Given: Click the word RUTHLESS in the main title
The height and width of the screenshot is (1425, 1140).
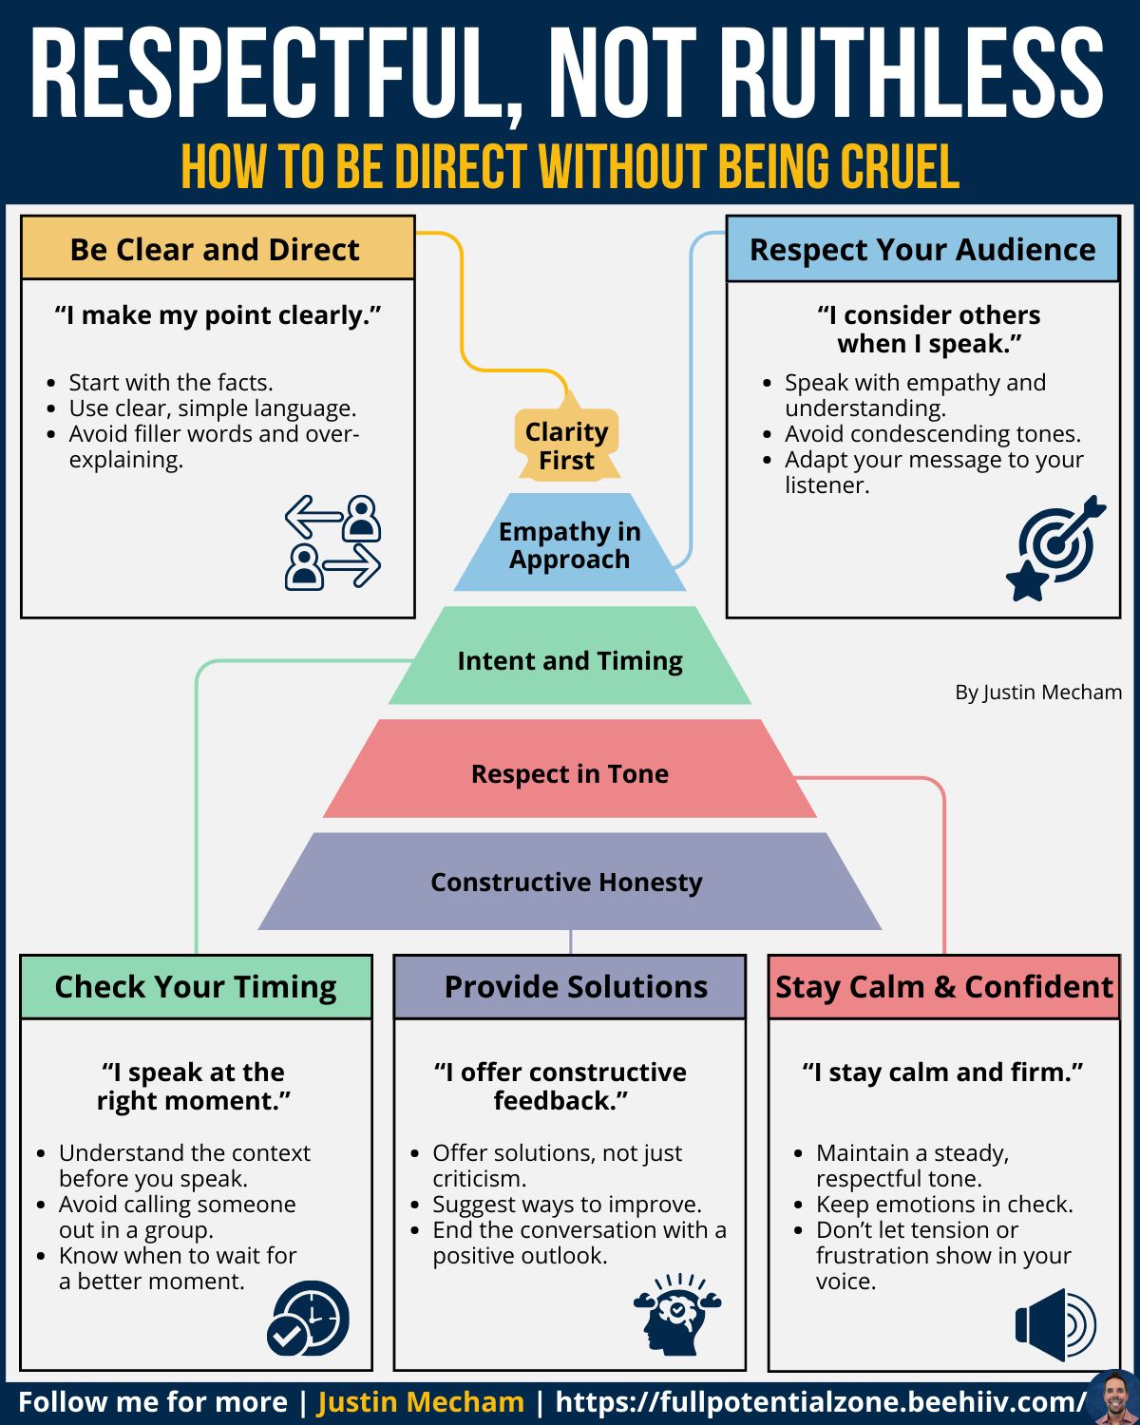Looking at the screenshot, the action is (x=917, y=73).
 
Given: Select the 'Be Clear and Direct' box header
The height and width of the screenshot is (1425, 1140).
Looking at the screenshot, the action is (x=218, y=248).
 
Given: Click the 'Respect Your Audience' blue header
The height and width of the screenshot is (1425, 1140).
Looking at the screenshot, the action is (x=923, y=249).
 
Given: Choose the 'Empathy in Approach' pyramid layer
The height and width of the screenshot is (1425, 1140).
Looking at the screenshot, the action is (x=570, y=542).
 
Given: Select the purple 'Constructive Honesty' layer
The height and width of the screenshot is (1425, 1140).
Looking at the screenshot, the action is (x=570, y=882).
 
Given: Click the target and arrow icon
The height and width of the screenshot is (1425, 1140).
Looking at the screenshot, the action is (x=1055, y=547).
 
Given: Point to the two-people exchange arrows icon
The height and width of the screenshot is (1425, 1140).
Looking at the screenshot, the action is (x=332, y=541).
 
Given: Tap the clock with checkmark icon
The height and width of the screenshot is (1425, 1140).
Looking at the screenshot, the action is (x=308, y=1318).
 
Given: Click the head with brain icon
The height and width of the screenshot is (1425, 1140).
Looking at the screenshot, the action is (x=677, y=1314).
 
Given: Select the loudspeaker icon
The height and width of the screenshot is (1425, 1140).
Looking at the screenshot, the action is (x=1055, y=1324).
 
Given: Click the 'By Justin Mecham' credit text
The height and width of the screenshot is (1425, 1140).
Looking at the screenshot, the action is (x=1038, y=692).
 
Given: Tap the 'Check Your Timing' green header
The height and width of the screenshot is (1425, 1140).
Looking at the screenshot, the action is (x=196, y=987).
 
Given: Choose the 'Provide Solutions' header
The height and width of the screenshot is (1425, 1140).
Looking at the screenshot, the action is (x=570, y=987).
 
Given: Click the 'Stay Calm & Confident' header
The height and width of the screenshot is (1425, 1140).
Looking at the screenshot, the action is (x=944, y=987).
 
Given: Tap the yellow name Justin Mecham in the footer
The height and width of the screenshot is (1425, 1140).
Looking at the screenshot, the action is (x=421, y=1402).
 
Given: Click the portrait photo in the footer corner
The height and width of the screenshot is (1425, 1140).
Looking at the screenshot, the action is (x=1114, y=1398).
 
